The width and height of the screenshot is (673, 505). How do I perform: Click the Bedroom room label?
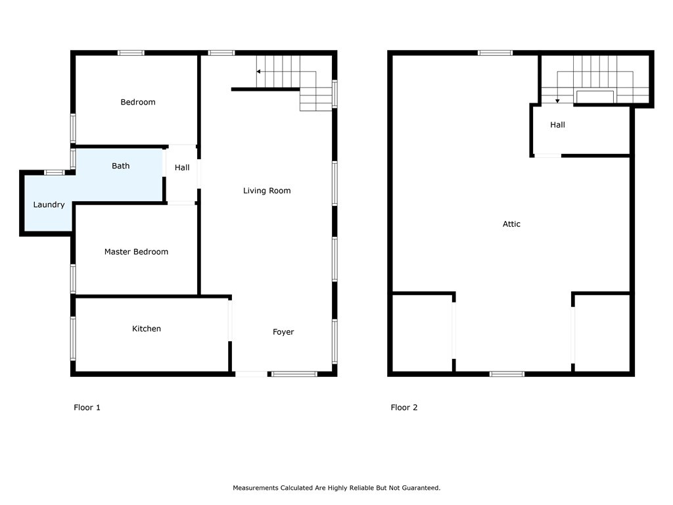click(x=138, y=102)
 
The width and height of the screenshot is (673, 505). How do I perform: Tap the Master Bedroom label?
click(x=136, y=252)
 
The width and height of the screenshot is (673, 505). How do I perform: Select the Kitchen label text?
click(x=147, y=329)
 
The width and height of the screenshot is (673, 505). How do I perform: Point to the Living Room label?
click(x=267, y=191)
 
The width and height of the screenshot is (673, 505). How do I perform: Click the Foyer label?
click(x=283, y=332)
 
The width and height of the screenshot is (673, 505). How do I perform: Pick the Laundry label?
click(x=49, y=205)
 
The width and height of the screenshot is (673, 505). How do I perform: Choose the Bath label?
click(x=121, y=166)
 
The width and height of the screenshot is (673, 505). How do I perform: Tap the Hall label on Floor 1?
click(x=182, y=168)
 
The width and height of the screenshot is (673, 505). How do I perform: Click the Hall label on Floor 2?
click(x=557, y=125)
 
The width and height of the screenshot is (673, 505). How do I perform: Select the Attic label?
click(x=511, y=224)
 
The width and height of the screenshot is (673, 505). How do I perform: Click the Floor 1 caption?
click(x=87, y=408)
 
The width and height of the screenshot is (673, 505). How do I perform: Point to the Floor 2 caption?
click(x=404, y=408)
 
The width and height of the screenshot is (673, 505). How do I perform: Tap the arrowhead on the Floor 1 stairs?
click(x=258, y=72)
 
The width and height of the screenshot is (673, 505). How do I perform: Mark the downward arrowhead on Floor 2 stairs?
click(x=557, y=101)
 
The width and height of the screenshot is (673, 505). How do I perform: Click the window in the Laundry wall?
click(x=55, y=173)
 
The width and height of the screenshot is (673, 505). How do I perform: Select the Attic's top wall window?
click(x=495, y=53)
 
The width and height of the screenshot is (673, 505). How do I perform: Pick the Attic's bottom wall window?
click(x=507, y=374)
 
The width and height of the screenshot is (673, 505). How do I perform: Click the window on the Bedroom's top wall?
click(x=131, y=53)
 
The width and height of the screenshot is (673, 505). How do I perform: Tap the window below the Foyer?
click(x=294, y=374)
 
